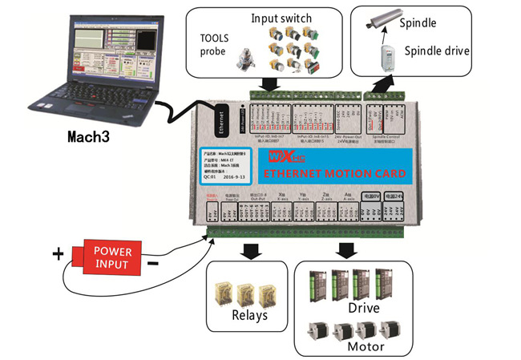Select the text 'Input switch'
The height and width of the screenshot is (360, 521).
tap(281, 18)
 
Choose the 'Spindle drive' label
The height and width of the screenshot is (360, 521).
tap(436, 51)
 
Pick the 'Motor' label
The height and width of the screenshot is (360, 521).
tap(365, 346)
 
